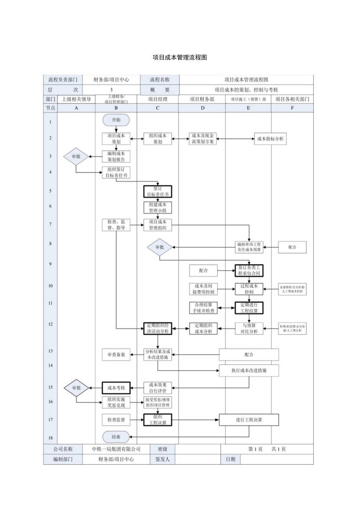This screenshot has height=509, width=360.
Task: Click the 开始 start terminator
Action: (116, 120)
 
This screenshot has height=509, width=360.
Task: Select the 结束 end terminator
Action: (116, 437)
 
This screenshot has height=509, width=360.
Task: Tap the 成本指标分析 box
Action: (270, 138)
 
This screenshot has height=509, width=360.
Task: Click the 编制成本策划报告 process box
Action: (116, 156)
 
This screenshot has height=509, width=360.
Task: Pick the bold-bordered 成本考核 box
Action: (116, 388)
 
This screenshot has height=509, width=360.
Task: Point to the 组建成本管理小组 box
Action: (158, 207)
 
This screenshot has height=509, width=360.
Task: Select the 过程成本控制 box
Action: (249, 289)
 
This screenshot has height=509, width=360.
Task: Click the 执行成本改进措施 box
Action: (249, 370)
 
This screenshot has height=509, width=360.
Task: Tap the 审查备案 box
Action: (116, 354)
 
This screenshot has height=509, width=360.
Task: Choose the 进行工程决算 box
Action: (249, 420)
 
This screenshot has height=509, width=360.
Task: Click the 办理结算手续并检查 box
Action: (203, 308)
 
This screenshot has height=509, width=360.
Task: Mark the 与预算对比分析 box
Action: (249, 328)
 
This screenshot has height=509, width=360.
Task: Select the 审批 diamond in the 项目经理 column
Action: (160, 247)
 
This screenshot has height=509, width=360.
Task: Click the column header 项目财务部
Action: (202, 99)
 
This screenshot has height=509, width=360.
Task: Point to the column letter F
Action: (292, 108)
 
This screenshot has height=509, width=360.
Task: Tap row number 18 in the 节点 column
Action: (50, 438)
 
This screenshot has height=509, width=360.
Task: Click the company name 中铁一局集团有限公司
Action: (116, 449)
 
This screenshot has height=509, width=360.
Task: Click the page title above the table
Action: (180, 58)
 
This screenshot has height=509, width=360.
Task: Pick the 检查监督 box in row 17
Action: (116, 420)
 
